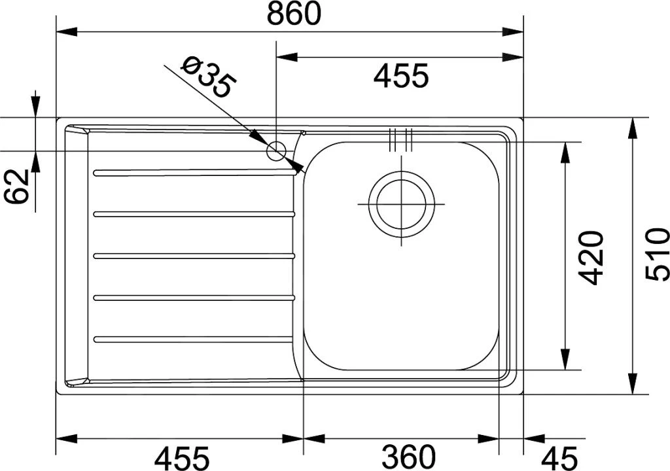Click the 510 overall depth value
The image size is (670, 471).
tap(657, 254)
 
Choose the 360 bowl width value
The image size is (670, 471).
tap(408, 457)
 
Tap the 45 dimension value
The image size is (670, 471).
tap(559, 457)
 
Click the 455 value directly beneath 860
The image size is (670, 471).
tap(401, 76)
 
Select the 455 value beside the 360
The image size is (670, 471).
tap(182, 457)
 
